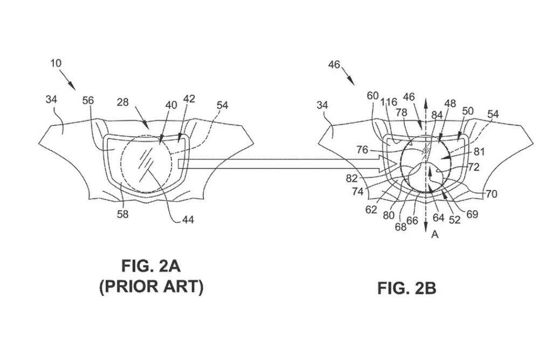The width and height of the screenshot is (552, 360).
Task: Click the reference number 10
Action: coord(56,63)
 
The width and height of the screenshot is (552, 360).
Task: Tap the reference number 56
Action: coord(88,100)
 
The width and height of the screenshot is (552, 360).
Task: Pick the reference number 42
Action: coord(189,99)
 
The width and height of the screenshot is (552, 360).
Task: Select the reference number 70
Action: coord(491,193)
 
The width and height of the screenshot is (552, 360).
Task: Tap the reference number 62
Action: coord(370,210)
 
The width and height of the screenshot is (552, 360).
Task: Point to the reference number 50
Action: coord(468,111)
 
